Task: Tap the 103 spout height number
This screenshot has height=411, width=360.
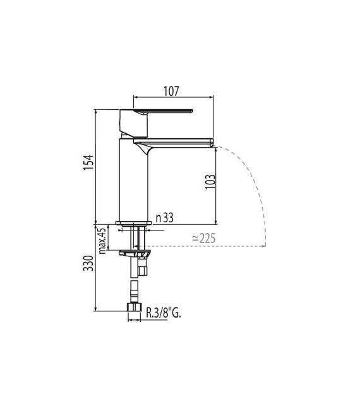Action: click(x=210, y=181)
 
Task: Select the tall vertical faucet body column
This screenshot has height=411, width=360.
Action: click(x=133, y=180)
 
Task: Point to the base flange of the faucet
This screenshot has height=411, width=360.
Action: click(x=134, y=222)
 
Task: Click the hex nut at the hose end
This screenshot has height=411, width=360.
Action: click(x=134, y=309)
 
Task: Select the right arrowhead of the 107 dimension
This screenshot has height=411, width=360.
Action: click(x=212, y=97)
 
